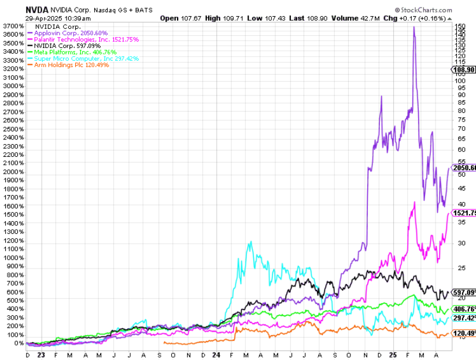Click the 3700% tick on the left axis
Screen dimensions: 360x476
[13, 26]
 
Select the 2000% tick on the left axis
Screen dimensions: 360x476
[13, 172]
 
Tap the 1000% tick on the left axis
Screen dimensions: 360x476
[13, 258]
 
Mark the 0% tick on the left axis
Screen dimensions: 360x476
[18, 343]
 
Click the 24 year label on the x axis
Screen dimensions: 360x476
[216, 354]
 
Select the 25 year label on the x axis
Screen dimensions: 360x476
[392, 354]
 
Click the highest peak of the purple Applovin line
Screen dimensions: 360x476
[414, 27]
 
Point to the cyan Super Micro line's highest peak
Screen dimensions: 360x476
[250, 242]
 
